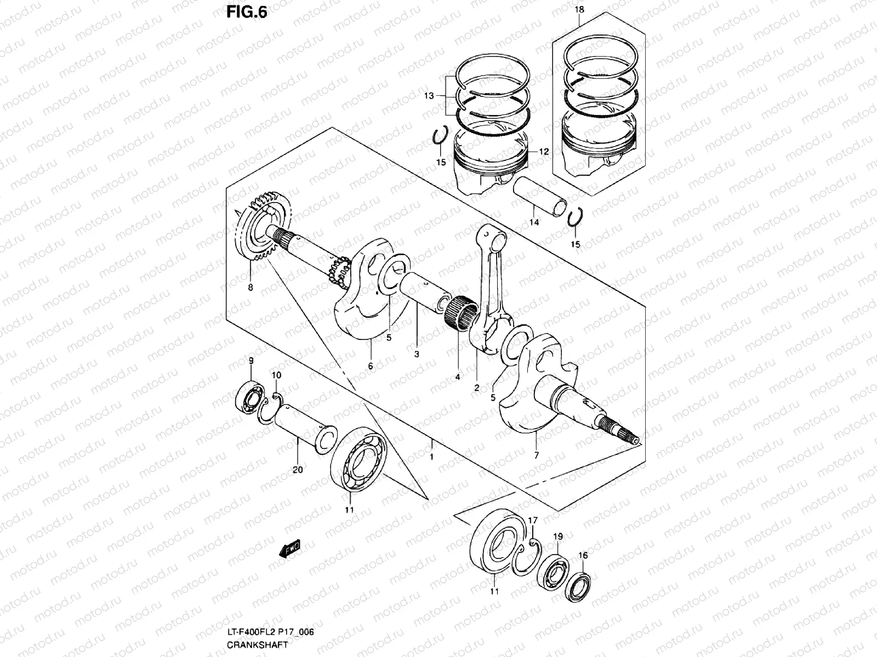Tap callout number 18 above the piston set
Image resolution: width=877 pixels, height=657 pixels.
pyautogui.click(x=580, y=10)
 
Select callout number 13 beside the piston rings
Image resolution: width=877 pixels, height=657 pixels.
pyautogui.click(x=429, y=96)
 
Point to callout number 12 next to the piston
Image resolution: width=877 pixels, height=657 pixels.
pyautogui.click(x=543, y=152)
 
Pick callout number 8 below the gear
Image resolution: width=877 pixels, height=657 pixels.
pyautogui.click(x=250, y=287)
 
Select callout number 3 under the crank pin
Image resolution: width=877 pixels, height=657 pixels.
pyautogui.click(x=417, y=354)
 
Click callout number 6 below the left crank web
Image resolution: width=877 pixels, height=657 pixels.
pyautogui.click(x=371, y=366)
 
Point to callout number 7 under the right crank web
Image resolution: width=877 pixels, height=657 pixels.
pyautogui.click(x=536, y=455)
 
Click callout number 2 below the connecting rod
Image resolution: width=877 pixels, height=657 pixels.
pyautogui.click(x=476, y=388)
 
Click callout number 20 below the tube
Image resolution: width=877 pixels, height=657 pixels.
pyautogui.click(x=298, y=469)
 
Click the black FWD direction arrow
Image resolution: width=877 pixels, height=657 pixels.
pyautogui.click(x=291, y=549)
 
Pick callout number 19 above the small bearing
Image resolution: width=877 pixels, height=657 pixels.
pyautogui.click(x=557, y=537)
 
